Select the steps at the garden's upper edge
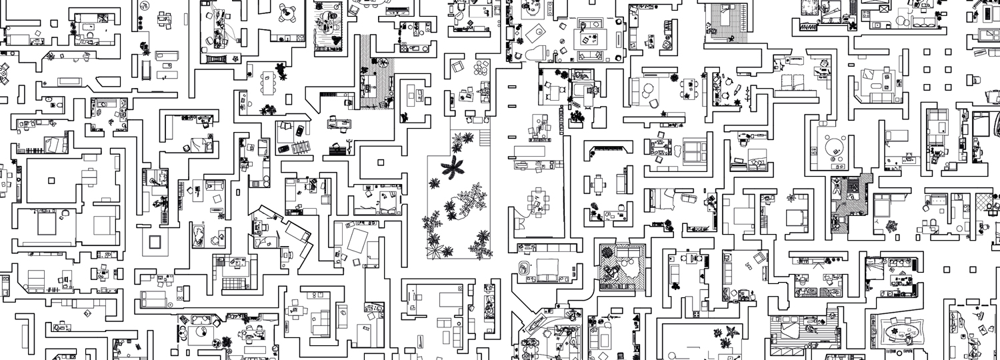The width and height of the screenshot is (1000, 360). (484, 137)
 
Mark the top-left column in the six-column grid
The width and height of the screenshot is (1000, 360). (927, 51)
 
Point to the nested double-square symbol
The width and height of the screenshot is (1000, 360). (155, 241)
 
